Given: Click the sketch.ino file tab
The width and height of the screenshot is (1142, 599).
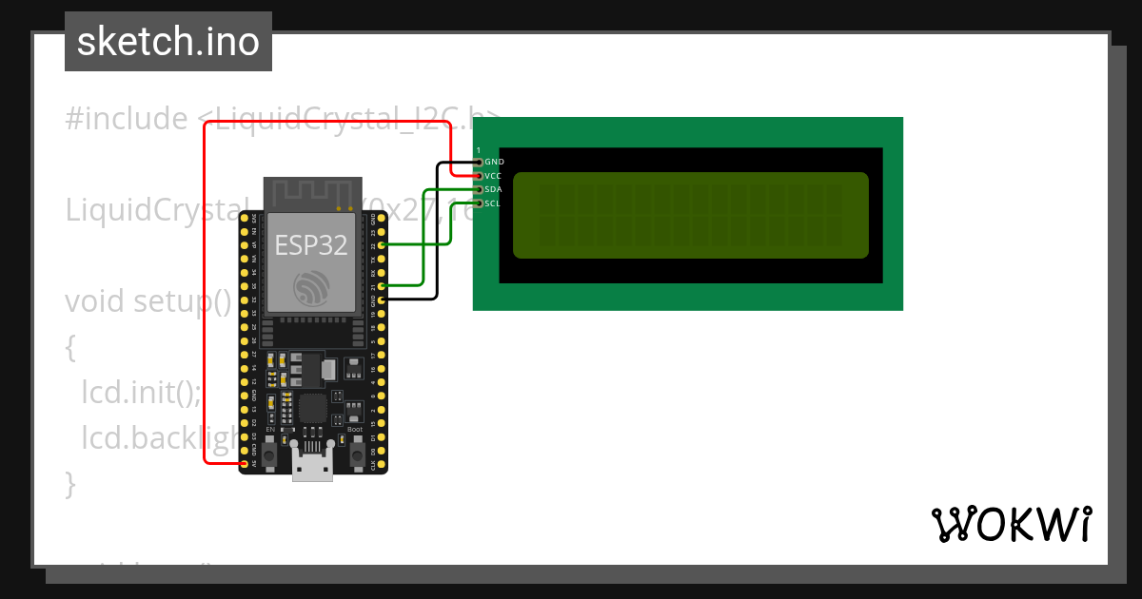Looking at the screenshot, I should click(168, 42).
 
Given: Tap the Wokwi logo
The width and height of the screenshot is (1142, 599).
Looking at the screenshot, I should click(1011, 524).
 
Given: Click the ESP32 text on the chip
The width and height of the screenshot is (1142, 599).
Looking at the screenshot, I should click(311, 245).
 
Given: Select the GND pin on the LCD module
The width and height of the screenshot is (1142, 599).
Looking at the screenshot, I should click(479, 163).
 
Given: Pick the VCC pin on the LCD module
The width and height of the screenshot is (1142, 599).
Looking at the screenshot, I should click(479, 176).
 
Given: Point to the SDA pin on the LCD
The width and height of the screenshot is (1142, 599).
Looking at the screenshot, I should click(479, 190).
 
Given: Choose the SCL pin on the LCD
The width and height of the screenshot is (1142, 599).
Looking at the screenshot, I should click(479, 203).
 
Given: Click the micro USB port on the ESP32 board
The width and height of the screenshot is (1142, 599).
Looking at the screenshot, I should click(313, 469).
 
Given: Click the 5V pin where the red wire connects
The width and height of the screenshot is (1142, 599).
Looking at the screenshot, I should click(245, 463).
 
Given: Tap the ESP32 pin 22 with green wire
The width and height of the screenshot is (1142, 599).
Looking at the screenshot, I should click(382, 245).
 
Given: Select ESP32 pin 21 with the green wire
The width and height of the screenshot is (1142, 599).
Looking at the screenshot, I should click(382, 285).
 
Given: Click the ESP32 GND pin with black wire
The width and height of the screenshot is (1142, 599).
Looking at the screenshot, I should click(382, 299).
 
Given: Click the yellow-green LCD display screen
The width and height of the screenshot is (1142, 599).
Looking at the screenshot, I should click(691, 215).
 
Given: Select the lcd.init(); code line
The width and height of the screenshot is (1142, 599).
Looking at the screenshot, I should click(141, 392).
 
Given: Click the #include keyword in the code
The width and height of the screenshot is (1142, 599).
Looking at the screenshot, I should click(127, 119).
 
